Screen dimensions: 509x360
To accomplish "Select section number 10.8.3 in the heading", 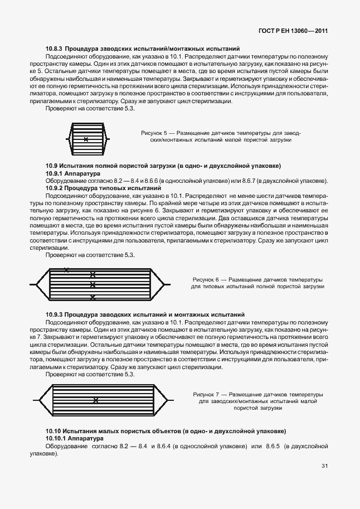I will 55,49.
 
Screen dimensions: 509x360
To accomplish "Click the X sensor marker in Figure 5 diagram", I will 85,139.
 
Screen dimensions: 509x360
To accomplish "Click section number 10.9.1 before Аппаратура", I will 55,174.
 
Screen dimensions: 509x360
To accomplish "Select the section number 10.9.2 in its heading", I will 55,188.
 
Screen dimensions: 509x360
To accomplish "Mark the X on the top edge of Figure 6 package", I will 66,270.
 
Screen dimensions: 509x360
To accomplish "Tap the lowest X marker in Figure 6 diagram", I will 93,297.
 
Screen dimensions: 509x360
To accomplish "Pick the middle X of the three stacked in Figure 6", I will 93,285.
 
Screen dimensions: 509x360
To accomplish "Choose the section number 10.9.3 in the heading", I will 55,315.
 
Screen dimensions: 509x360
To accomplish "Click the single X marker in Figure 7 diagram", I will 96,400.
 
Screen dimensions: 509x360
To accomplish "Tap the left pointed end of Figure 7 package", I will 37,400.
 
